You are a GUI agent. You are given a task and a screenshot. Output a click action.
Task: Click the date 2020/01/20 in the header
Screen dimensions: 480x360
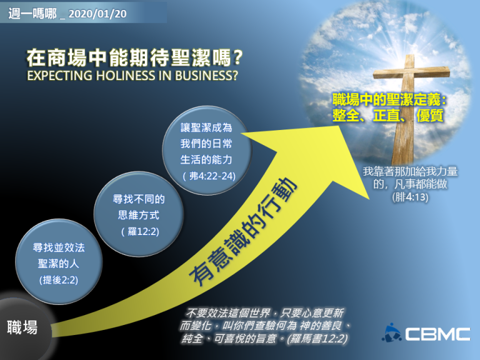97,14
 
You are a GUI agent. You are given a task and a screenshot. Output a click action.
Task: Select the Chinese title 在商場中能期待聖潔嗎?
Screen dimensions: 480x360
135,58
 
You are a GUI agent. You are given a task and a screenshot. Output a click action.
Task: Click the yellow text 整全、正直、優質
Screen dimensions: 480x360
388,116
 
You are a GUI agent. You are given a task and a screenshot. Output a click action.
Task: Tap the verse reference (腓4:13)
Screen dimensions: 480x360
410,197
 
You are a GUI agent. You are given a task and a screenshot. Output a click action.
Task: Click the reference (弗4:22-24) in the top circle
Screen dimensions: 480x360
209,176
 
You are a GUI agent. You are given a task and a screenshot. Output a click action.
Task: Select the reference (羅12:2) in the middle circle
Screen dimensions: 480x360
140,231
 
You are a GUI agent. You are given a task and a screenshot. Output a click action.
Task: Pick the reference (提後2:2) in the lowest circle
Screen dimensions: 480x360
59,280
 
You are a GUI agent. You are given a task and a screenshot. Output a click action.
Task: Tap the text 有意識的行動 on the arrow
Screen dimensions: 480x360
243,232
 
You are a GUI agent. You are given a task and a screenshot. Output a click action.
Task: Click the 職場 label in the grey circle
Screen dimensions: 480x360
22,327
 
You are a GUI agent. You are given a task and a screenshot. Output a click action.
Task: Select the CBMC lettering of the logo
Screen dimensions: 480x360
437,334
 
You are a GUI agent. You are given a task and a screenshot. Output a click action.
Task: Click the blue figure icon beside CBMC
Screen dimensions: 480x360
391,332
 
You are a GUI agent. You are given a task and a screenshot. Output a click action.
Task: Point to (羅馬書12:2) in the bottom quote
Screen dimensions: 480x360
317,339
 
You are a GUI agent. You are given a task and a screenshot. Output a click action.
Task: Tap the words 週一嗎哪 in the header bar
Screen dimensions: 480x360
32,14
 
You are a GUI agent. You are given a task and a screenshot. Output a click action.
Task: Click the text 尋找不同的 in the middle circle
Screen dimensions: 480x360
139,199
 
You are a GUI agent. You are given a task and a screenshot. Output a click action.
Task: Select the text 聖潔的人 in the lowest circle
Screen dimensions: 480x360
59,264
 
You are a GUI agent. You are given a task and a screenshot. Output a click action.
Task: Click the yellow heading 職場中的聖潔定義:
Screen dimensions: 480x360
389,100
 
